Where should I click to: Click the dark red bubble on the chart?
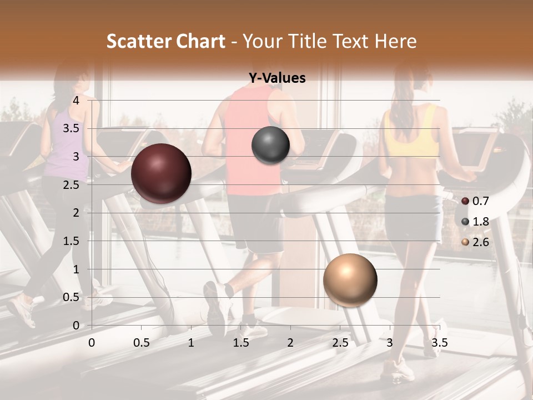[x=161, y=173]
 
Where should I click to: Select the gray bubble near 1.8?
[x=270, y=145]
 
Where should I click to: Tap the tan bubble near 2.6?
[x=350, y=280]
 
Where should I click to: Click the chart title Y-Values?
[x=277, y=78]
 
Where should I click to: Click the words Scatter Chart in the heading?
[x=165, y=41]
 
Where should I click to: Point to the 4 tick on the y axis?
[x=77, y=101]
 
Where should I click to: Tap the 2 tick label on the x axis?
[x=290, y=343]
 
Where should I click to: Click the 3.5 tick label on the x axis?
[x=439, y=343]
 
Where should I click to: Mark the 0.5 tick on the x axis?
[x=142, y=343]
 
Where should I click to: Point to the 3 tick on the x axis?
[x=390, y=343]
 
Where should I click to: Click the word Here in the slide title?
[x=395, y=41]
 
